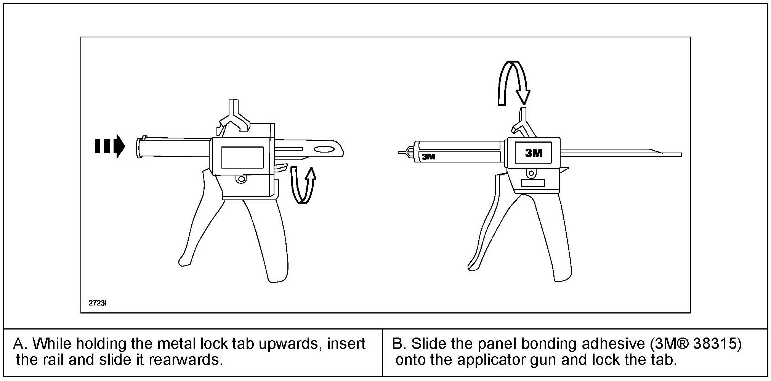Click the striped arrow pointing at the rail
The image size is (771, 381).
pyautogui.click(x=110, y=146)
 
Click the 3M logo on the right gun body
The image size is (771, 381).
pyautogui.click(x=533, y=153)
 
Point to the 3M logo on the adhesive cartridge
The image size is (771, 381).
pyautogui.click(x=429, y=156)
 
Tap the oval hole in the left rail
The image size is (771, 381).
pyautogui.click(x=324, y=149)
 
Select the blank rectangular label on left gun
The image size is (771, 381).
pyautogui.click(x=242, y=157)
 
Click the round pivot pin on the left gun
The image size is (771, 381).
pyautogui.click(x=241, y=178)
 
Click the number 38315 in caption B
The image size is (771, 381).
pyautogui.click(x=715, y=344)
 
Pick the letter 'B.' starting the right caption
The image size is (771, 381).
pyautogui.click(x=399, y=344)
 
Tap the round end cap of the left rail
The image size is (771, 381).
pyautogui.click(x=139, y=147)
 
